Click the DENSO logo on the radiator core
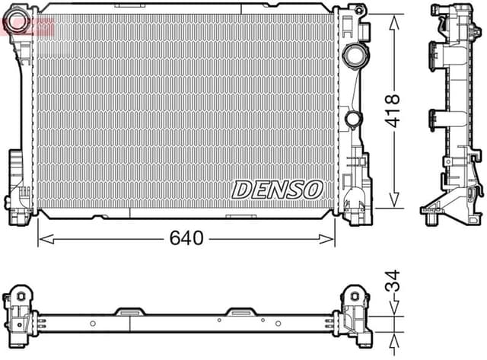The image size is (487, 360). coord(277,189)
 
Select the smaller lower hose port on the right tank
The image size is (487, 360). coord(352,119)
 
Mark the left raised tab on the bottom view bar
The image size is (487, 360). coord(129,311)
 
